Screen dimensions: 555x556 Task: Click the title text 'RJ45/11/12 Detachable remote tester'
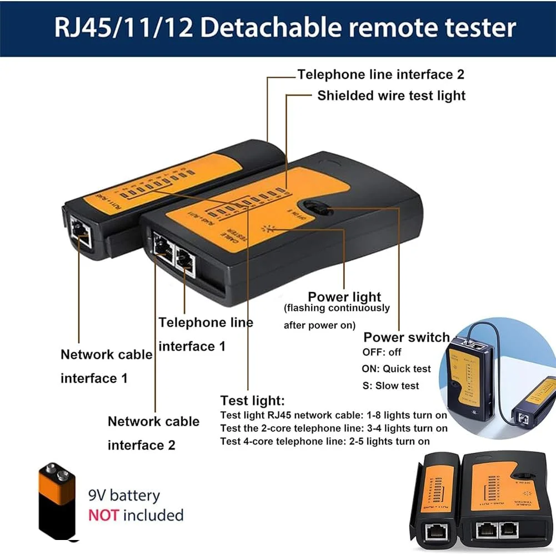pos(285,28)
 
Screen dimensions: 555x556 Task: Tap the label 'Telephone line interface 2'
pos(380,74)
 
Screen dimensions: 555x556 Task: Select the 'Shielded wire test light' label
pos(391,96)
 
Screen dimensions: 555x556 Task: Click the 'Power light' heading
pos(344,297)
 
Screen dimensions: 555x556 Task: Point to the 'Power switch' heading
pos(406,337)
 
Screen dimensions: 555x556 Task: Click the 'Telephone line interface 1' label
pos(206,334)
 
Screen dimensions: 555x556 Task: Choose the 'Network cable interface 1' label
pos(106,366)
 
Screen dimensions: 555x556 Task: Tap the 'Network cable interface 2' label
pos(153,433)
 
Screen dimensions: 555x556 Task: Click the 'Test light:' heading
pos(252,401)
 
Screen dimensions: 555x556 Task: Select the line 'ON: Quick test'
pos(397,368)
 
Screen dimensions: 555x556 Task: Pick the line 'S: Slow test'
pos(390,385)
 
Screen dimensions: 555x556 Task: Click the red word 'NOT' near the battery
pos(103,515)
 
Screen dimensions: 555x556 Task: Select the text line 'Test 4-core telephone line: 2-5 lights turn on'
pos(325,441)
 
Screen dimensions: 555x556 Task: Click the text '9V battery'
pos(124,495)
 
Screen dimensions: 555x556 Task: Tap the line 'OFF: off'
pos(382,352)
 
